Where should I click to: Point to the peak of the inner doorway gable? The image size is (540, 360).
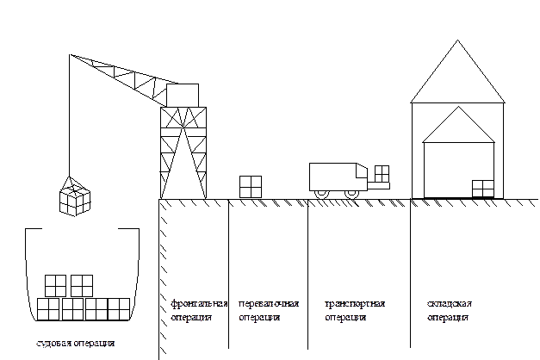(x=459, y=109)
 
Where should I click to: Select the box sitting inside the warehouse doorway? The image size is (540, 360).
(x=483, y=188)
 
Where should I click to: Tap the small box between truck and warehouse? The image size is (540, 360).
(x=382, y=173)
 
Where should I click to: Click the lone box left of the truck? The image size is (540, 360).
(x=251, y=187)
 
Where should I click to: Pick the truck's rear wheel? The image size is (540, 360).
(x=322, y=193)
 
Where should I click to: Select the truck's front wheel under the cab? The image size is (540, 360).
(x=351, y=193)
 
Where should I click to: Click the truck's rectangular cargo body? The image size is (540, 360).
(x=332, y=176)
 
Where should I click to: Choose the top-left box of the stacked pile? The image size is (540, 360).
(x=55, y=285)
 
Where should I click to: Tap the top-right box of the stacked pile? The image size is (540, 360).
(x=82, y=285)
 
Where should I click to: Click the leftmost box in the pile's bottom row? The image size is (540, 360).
(x=48, y=308)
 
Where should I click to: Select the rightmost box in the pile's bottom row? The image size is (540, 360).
(x=118, y=308)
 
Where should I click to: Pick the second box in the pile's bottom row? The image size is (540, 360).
(x=72, y=308)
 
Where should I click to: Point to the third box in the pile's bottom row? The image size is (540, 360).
(x=96, y=308)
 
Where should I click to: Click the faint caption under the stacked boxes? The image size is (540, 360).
(x=75, y=343)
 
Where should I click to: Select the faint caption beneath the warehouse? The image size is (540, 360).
(x=448, y=310)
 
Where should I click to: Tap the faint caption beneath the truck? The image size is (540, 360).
(x=354, y=310)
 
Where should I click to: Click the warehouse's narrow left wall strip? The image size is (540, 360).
(x=418, y=151)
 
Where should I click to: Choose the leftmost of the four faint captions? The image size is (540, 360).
(x=198, y=310)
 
